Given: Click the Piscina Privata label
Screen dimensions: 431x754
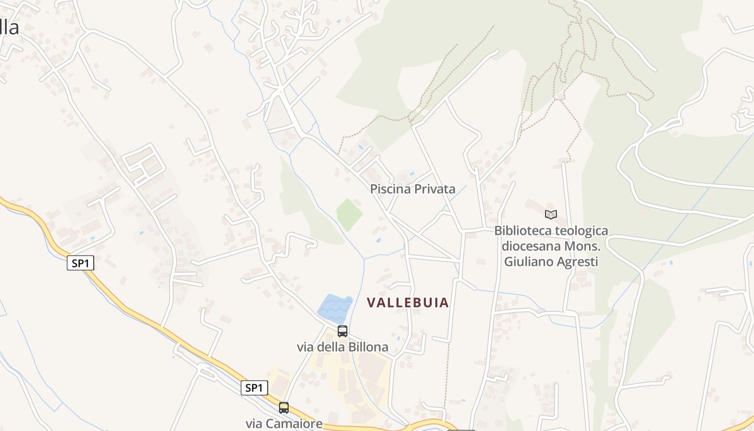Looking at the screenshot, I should (x=413, y=189).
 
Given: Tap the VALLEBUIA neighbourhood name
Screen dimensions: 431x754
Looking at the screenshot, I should (x=408, y=303).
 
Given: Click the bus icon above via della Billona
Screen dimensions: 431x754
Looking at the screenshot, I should (x=343, y=331).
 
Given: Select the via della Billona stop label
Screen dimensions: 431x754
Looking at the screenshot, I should (x=343, y=347).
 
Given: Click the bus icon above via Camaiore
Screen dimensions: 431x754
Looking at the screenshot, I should (x=284, y=408).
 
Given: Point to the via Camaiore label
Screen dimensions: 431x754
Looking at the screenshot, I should (x=284, y=423).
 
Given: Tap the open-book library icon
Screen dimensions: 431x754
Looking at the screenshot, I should (x=550, y=215).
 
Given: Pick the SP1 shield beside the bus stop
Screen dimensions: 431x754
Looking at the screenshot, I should (x=254, y=388).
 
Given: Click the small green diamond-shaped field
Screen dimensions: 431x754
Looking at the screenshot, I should (x=349, y=214).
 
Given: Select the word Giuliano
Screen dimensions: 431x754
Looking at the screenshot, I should (x=528, y=262).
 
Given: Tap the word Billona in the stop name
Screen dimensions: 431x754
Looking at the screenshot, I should (x=368, y=347).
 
